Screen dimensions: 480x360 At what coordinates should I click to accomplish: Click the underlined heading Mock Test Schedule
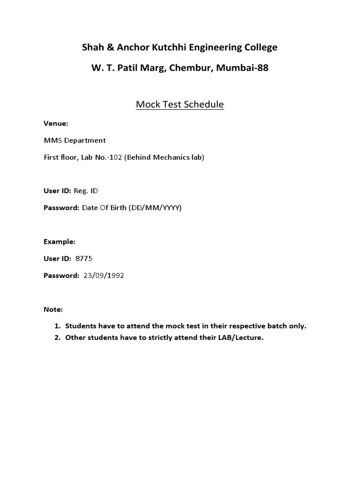pyautogui.click(x=180, y=104)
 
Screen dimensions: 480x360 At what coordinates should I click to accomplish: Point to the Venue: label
pyautogui.click(x=56, y=124)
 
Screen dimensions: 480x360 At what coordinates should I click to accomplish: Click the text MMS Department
pyautogui.click(x=75, y=141)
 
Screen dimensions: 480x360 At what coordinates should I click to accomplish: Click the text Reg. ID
pyautogui.click(x=86, y=191)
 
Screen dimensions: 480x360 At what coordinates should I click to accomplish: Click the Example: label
pyautogui.click(x=60, y=242)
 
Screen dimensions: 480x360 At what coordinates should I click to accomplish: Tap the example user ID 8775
pyautogui.click(x=90, y=259)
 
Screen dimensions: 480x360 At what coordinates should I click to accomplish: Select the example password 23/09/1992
pyautogui.click(x=104, y=276)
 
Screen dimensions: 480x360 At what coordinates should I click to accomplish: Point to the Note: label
pyautogui.click(x=53, y=310)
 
